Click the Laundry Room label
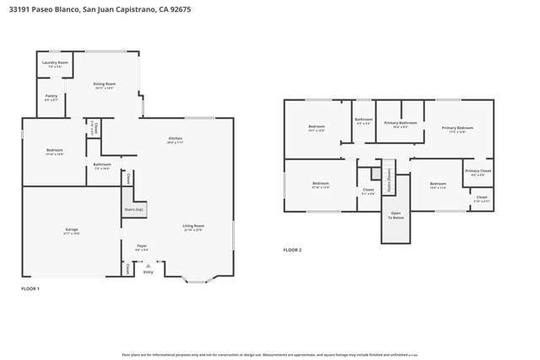(x=55, y=63)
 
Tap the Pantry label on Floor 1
(x=51, y=97)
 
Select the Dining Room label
(x=105, y=84)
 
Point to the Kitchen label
(x=175, y=139)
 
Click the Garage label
(x=72, y=230)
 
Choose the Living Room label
(x=193, y=226)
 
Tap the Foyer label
(x=142, y=247)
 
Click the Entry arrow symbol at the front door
(x=148, y=266)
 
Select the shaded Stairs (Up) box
(x=133, y=208)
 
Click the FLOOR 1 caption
(x=30, y=289)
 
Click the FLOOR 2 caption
(x=292, y=250)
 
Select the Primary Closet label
(x=478, y=172)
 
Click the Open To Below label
(x=396, y=215)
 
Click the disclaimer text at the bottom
(x=270, y=355)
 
